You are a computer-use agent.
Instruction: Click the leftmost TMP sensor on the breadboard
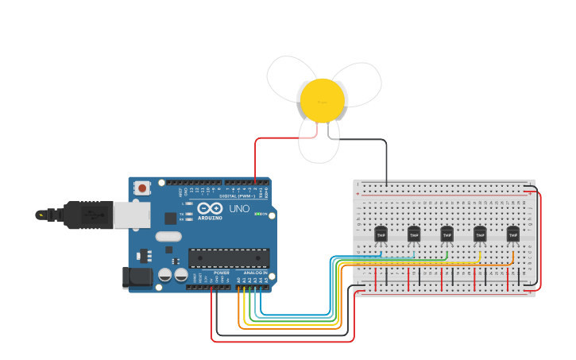point(381,234)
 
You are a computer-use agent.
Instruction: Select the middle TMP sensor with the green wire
point(446,234)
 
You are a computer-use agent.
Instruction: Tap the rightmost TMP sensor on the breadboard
point(512,234)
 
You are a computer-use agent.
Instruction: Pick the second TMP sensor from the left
point(414,234)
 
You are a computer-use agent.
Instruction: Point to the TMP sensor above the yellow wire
point(480,234)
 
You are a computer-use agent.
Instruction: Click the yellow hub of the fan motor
point(322,100)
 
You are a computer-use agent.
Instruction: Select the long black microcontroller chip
point(229,257)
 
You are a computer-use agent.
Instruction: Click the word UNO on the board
point(239,209)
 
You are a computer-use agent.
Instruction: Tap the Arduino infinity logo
point(211,209)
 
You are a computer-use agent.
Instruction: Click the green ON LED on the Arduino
point(257,214)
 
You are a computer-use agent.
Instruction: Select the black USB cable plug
point(87,215)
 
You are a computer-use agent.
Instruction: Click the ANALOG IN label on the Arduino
point(255,273)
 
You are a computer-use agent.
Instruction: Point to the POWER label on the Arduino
point(221,273)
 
